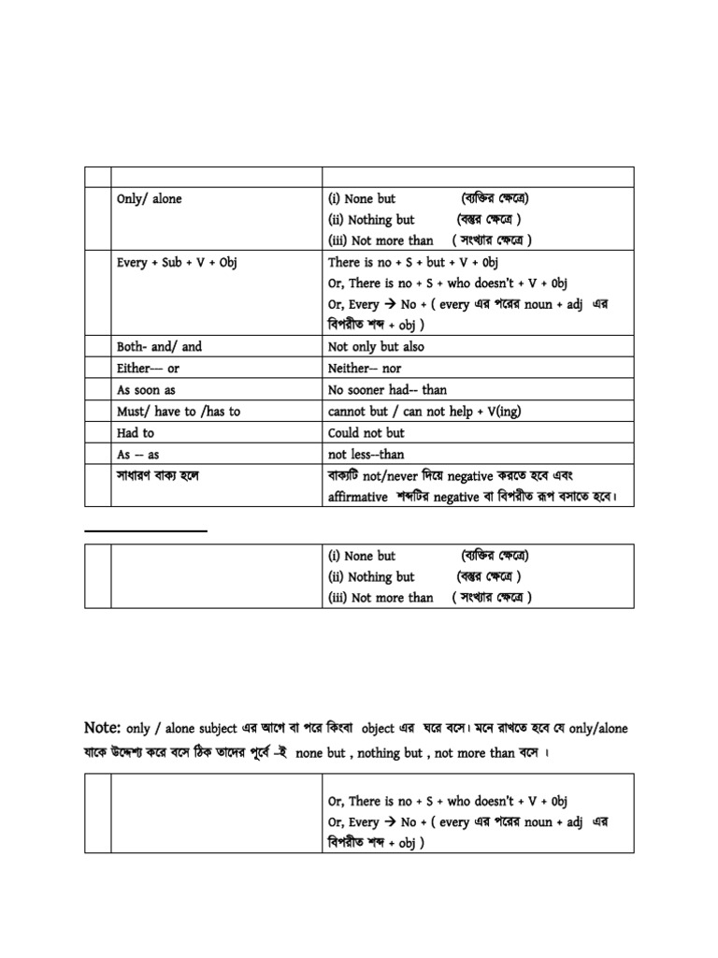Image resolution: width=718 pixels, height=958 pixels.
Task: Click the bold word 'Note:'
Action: pos(102,727)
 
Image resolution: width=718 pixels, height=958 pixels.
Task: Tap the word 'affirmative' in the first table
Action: pos(357,497)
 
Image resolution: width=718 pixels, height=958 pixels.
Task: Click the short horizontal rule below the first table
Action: pos(146,530)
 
